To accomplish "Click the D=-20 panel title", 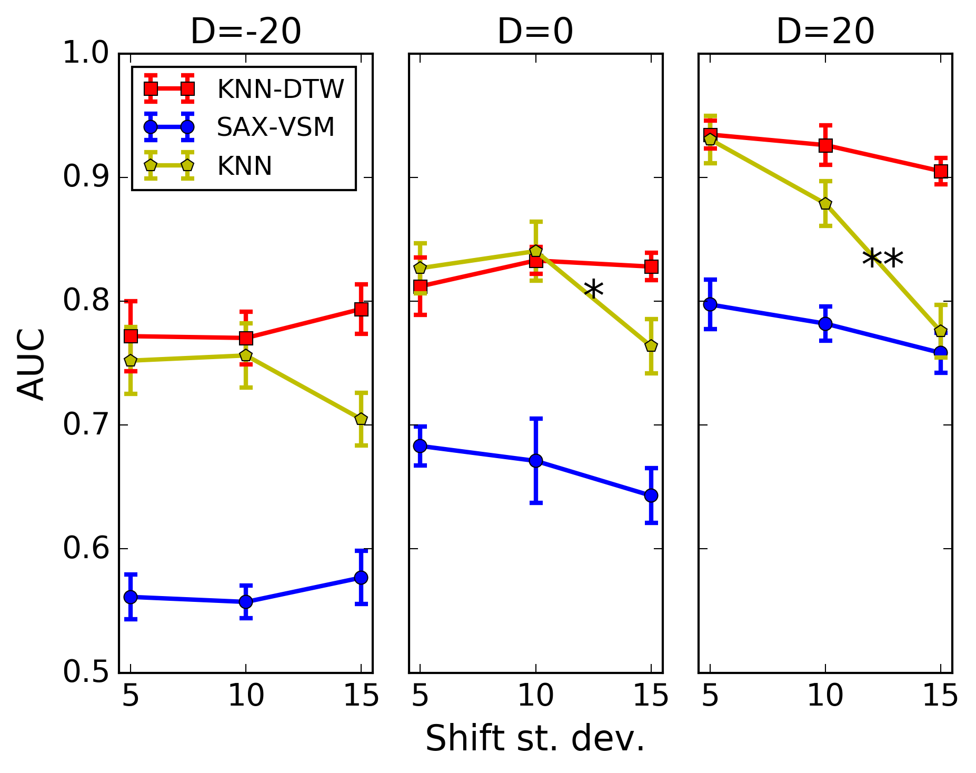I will [245, 32].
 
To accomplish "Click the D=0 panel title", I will [535, 32].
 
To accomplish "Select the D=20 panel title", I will [825, 32].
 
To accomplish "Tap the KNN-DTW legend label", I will [280, 89].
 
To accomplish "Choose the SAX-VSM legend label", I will [275, 127].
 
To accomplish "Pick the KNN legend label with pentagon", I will [244, 166].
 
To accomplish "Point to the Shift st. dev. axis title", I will [535, 738].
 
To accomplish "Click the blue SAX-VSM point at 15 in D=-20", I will [361, 577].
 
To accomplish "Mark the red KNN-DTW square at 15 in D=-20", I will [361, 309].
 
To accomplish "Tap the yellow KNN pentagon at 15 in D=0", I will [651, 346].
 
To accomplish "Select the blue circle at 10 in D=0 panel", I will [535, 461].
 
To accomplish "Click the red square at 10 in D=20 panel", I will [825, 145].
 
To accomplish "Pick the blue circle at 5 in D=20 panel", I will [710, 304].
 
